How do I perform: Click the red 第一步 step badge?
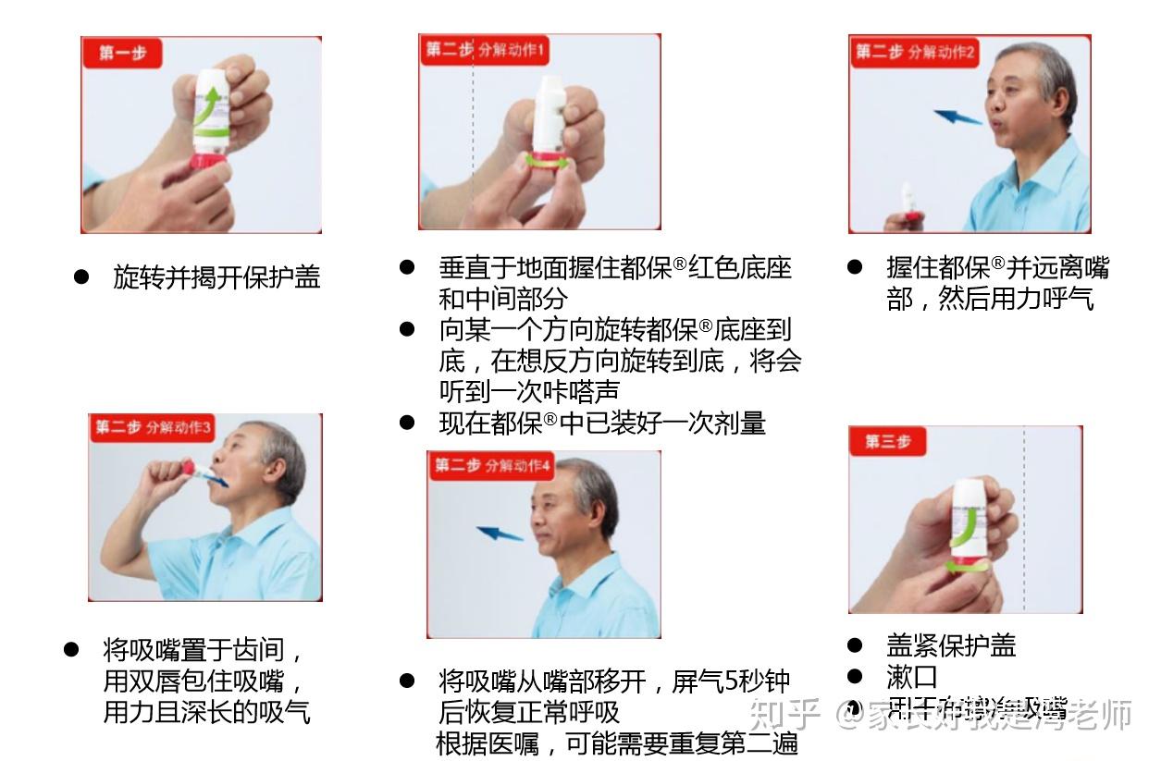[x=121, y=53]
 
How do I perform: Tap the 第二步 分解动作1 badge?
[x=485, y=50]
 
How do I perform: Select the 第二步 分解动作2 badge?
[x=914, y=52]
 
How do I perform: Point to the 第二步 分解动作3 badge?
[x=153, y=427]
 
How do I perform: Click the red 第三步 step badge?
[x=887, y=441]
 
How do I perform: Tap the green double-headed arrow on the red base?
[x=547, y=161]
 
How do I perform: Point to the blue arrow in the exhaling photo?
[x=957, y=117]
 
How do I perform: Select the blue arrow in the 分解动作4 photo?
[x=500, y=534]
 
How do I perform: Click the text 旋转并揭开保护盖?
[x=216, y=277]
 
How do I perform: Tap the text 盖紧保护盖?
[x=951, y=644]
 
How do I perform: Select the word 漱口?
[x=912, y=677]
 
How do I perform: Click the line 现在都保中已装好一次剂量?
[x=601, y=423]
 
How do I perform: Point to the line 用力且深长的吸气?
[x=206, y=712]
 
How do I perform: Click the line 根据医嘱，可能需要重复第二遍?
[x=617, y=743]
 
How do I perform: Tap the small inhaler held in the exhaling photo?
[x=909, y=204]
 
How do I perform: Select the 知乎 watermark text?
[x=784, y=714]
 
